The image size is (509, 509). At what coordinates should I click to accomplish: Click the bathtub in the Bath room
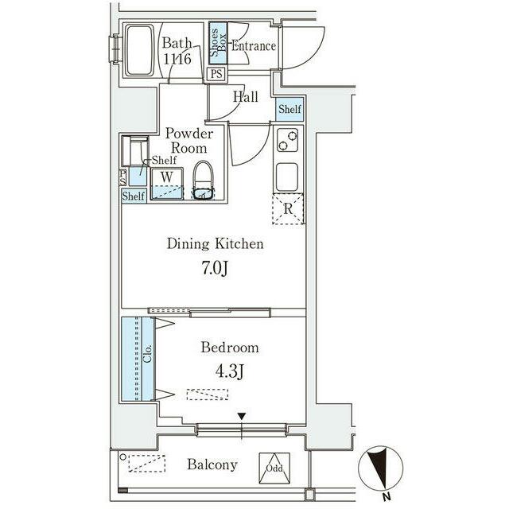click(140, 50)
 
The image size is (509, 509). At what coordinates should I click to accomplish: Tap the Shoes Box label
click(219, 42)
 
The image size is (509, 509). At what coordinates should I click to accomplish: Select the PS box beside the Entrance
click(216, 74)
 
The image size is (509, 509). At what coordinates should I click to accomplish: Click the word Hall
click(246, 97)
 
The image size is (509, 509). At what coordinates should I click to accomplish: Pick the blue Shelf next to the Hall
click(289, 109)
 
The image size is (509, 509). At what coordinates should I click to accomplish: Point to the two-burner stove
click(288, 140)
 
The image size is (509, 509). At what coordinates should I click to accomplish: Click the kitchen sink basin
click(287, 177)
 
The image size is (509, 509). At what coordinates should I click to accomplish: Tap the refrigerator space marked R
click(288, 208)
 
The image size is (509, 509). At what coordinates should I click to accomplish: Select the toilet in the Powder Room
click(204, 181)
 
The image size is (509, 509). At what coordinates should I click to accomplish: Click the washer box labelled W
click(167, 183)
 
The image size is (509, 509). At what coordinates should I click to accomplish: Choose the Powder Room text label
click(189, 141)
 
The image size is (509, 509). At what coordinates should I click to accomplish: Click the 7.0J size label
click(215, 268)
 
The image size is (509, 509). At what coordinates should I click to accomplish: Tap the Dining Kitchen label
click(215, 243)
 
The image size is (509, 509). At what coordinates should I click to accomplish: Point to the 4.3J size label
click(230, 371)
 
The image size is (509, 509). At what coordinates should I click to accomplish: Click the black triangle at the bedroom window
click(242, 416)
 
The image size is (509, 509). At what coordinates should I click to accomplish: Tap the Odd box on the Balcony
click(274, 468)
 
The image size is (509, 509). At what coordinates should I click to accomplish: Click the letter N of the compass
click(386, 496)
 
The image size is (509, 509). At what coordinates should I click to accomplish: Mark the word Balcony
click(212, 464)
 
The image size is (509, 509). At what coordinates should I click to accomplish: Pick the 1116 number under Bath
click(177, 59)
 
